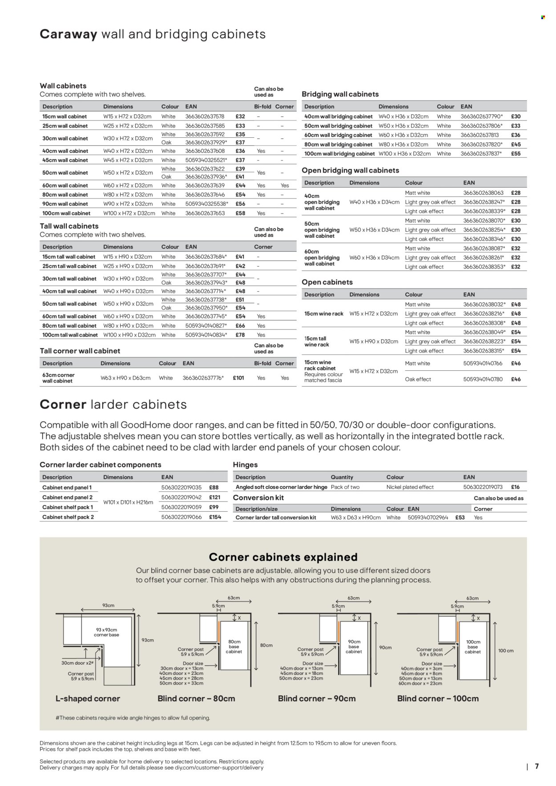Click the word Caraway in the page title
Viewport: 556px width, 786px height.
[68, 35]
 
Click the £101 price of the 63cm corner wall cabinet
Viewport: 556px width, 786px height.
[238, 378]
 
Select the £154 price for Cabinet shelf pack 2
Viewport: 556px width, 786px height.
[215, 517]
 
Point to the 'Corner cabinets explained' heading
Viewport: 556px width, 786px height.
[283, 557]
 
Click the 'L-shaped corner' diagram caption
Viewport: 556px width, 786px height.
[88, 698]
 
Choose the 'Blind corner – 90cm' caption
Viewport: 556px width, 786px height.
[317, 698]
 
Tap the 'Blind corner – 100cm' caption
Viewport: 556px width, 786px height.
[438, 698]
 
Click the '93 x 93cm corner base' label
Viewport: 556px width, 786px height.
[107, 632]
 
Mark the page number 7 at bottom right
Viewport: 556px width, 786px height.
[537, 766]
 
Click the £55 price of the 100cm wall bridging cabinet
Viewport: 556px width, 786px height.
[516, 154]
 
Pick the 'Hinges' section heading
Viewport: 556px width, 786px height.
[245, 465]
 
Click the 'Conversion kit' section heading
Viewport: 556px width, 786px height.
[258, 498]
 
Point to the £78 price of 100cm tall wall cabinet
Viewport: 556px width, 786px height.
[240, 335]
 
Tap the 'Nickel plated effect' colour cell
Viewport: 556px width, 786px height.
[410, 487]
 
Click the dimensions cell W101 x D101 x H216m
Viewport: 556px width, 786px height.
[128, 502]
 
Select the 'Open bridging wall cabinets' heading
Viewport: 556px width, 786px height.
[350, 170]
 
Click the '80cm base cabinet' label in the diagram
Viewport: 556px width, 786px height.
[234, 646]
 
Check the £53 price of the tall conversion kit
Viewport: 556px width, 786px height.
[460, 517]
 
